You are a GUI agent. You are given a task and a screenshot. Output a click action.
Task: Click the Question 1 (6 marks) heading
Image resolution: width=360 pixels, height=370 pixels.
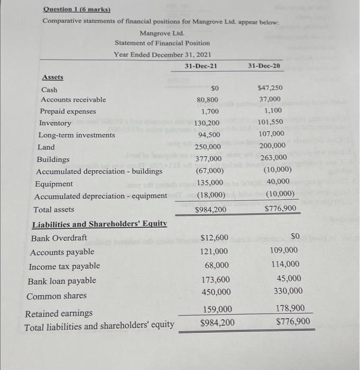click(x=73, y=9)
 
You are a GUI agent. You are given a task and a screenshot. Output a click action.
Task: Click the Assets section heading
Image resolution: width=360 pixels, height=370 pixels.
click(x=52, y=77)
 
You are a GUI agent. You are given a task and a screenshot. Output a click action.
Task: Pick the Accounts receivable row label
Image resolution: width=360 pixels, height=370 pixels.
click(x=73, y=99)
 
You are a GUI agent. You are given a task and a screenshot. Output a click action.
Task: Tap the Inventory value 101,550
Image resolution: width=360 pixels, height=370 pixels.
click(x=271, y=123)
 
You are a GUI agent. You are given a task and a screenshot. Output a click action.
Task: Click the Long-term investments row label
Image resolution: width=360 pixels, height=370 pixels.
click(x=77, y=135)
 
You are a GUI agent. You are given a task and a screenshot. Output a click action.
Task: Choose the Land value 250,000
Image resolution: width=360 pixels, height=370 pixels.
click(x=208, y=147)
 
